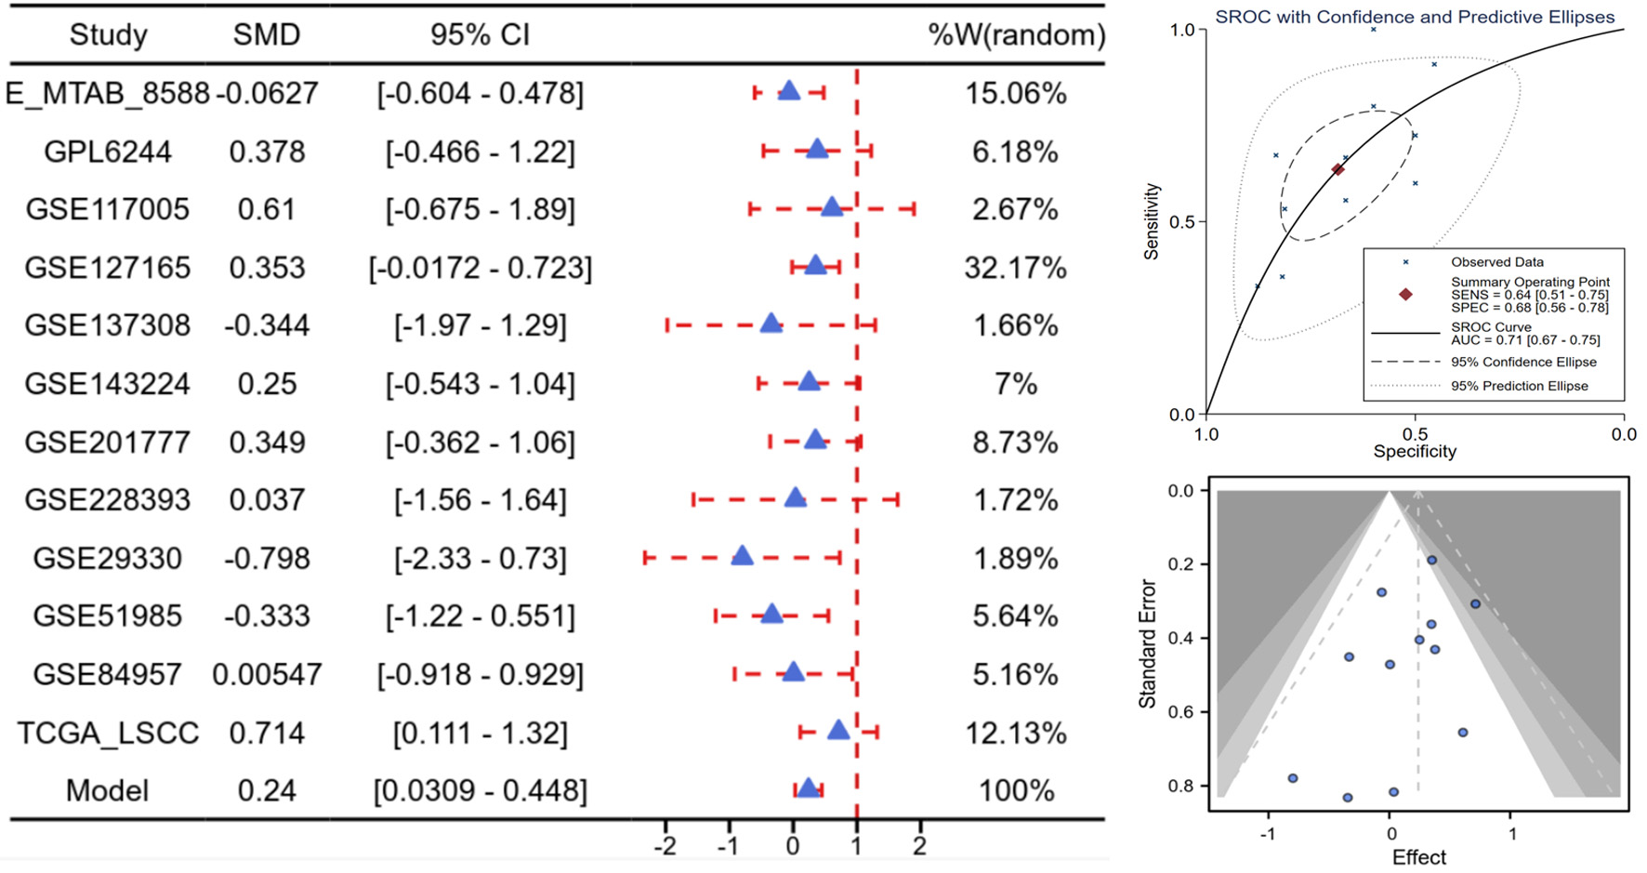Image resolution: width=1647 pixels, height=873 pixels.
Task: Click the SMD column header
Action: pyautogui.click(x=267, y=35)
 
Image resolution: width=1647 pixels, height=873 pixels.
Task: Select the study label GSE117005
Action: pyautogui.click(x=107, y=209)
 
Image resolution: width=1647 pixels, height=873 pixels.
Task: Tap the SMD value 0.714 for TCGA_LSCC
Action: pyautogui.click(x=267, y=734)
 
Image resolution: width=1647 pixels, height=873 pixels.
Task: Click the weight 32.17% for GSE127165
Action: pyautogui.click(x=1015, y=268)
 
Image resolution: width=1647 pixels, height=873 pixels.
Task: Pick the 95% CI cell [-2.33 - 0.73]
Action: pyautogui.click(x=480, y=559)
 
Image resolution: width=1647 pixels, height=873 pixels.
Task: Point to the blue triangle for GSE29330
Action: pyautogui.click(x=742, y=557)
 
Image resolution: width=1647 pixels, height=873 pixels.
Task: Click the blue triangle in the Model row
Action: pyautogui.click(x=808, y=788)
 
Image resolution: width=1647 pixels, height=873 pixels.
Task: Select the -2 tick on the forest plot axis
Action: pyautogui.click(x=665, y=846)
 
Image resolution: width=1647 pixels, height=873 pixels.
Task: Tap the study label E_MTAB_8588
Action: pyautogui.click(x=107, y=94)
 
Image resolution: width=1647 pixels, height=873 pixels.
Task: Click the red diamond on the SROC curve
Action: pyautogui.click(x=1337, y=169)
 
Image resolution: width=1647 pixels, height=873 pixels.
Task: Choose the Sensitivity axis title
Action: pyautogui.click(x=1153, y=221)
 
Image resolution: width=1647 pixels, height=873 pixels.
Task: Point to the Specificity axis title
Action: pyautogui.click(x=1414, y=452)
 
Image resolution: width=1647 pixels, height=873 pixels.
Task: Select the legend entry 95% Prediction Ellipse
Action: pyautogui.click(x=1519, y=386)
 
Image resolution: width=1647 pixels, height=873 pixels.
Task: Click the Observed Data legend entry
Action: pyautogui.click(x=1496, y=262)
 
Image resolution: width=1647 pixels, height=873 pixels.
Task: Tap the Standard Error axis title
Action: pyautogui.click(x=1148, y=643)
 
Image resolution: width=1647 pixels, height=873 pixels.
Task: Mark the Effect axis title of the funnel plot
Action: pyautogui.click(x=1418, y=857)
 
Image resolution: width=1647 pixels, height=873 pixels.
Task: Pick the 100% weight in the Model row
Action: pyautogui.click(x=1016, y=791)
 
